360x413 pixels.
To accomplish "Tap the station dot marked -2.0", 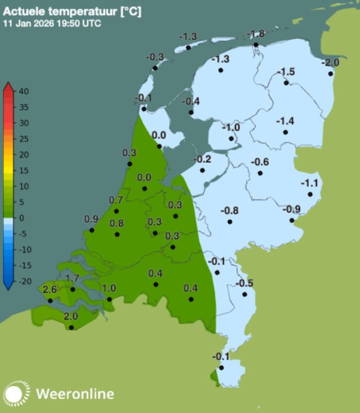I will point(330,74).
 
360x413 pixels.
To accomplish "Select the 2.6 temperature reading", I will point(49,290).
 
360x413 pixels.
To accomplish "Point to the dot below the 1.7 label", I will point(73,289).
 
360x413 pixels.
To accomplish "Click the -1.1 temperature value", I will point(310,183).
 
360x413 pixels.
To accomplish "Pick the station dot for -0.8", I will point(230,222).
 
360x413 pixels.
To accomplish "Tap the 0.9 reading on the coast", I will point(91,219).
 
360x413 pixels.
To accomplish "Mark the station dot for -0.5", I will point(244,295).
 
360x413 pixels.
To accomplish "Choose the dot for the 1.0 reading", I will point(109,299).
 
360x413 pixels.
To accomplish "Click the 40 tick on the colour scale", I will point(24,91).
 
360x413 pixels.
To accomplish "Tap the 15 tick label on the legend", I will point(24,170).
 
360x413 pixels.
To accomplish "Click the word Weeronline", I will point(75,394).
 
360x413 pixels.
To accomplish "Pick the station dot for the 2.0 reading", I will point(71,327).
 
